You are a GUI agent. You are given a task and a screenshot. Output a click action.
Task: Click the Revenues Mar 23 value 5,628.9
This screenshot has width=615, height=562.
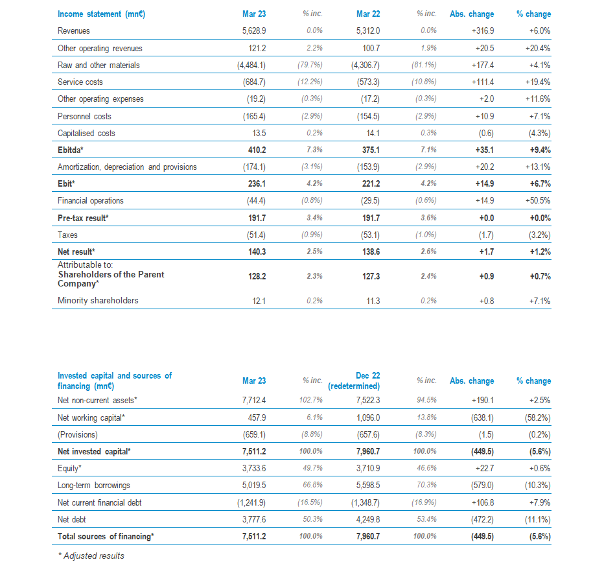click(x=254, y=30)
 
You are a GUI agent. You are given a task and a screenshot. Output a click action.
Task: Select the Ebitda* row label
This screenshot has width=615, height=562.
click(x=70, y=150)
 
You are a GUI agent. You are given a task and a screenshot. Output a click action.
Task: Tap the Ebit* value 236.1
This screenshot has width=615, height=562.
click(x=257, y=183)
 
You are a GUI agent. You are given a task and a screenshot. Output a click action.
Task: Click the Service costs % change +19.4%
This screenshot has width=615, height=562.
click(x=538, y=82)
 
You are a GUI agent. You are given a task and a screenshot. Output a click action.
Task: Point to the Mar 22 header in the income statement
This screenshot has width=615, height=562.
click(x=368, y=14)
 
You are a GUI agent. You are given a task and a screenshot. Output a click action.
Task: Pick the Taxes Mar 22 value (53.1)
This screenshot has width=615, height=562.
click(x=370, y=235)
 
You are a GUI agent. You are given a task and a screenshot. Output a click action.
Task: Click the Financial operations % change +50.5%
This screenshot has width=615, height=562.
click(x=538, y=201)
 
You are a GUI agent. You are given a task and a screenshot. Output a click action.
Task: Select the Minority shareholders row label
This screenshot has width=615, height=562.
click(x=98, y=300)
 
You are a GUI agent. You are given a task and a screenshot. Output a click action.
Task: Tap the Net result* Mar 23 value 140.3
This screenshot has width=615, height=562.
click(x=257, y=252)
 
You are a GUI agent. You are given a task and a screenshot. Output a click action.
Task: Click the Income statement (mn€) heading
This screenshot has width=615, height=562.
click(x=101, y=14)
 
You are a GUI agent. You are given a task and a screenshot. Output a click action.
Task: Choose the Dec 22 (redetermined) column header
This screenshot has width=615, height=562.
click(x=354, y=381)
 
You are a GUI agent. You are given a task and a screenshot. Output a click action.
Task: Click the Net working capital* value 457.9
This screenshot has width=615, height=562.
click(x=257, y=417)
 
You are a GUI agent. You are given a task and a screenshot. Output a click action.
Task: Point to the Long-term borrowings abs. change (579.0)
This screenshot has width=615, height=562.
click(x=482, y=485)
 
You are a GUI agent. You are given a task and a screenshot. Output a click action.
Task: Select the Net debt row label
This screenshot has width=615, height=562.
click(x=72, y=519)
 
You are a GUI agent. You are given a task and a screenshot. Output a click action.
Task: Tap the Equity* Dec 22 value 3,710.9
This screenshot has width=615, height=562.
click(x=368, y=468)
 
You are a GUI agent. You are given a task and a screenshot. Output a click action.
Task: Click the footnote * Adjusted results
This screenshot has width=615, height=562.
click(x=91, y=556)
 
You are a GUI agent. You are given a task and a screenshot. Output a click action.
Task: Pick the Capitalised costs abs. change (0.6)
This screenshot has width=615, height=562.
click(x=486, y=134)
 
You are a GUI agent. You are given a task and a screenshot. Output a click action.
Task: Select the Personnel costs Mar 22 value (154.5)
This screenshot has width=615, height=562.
click(x=368, y=117)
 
